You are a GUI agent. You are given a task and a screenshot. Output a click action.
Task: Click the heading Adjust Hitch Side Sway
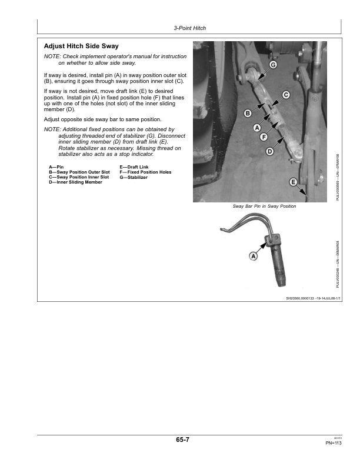pos(81,46)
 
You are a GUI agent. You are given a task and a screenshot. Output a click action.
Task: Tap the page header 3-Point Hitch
pos(189,28)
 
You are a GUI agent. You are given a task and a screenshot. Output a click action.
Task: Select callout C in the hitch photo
pos(286,95)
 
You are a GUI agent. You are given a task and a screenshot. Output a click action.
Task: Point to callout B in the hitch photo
pos(248,112)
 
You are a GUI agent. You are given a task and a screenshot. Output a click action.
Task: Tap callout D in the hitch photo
pos(270,152)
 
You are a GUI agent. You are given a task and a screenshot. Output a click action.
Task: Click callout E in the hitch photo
pos(293,182)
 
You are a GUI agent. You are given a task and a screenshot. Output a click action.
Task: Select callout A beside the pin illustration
pos(254,256)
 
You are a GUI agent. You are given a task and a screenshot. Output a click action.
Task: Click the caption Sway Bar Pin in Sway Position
pos(264,207)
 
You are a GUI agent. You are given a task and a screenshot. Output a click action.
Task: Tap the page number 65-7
pos(182,440)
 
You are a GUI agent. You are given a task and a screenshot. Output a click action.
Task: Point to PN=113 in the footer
pos(334,443)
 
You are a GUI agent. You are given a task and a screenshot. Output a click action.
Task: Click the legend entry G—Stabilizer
pos(134,177)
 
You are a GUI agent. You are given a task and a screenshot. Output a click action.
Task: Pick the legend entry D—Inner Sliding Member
pos(75,182)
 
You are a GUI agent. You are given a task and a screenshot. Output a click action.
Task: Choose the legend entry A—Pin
pos(56,167)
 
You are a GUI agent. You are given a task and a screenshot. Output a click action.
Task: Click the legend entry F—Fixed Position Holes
pos(145,172)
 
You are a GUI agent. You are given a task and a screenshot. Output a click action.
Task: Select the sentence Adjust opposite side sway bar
pos(103,119)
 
